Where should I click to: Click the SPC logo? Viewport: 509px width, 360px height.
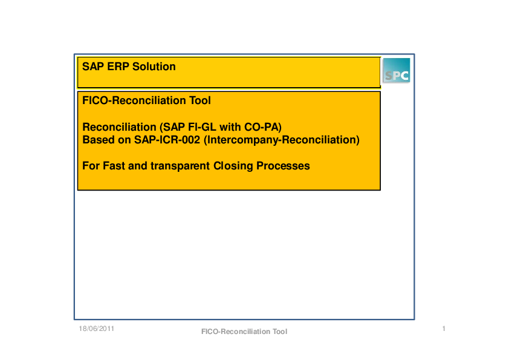click(x=397, y=71)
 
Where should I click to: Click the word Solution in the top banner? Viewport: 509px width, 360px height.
click(x=154, y=67)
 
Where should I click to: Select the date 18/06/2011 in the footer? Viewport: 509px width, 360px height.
click(x=96, y=329)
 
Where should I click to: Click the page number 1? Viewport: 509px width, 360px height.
click(x=444, y=329)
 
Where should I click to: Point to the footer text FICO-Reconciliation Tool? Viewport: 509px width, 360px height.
click(x=244, y=332)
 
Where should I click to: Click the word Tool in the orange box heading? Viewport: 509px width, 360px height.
click(x=199, y=100)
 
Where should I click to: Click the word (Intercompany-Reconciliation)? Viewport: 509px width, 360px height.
click(x=281, y=140)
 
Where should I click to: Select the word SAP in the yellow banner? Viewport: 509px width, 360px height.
click(x=93, y=67)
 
